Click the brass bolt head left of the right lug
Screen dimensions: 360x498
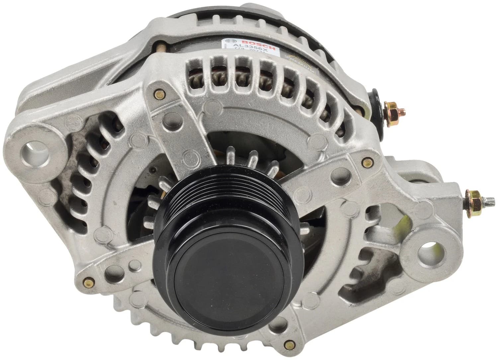click(x=367, y=163)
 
